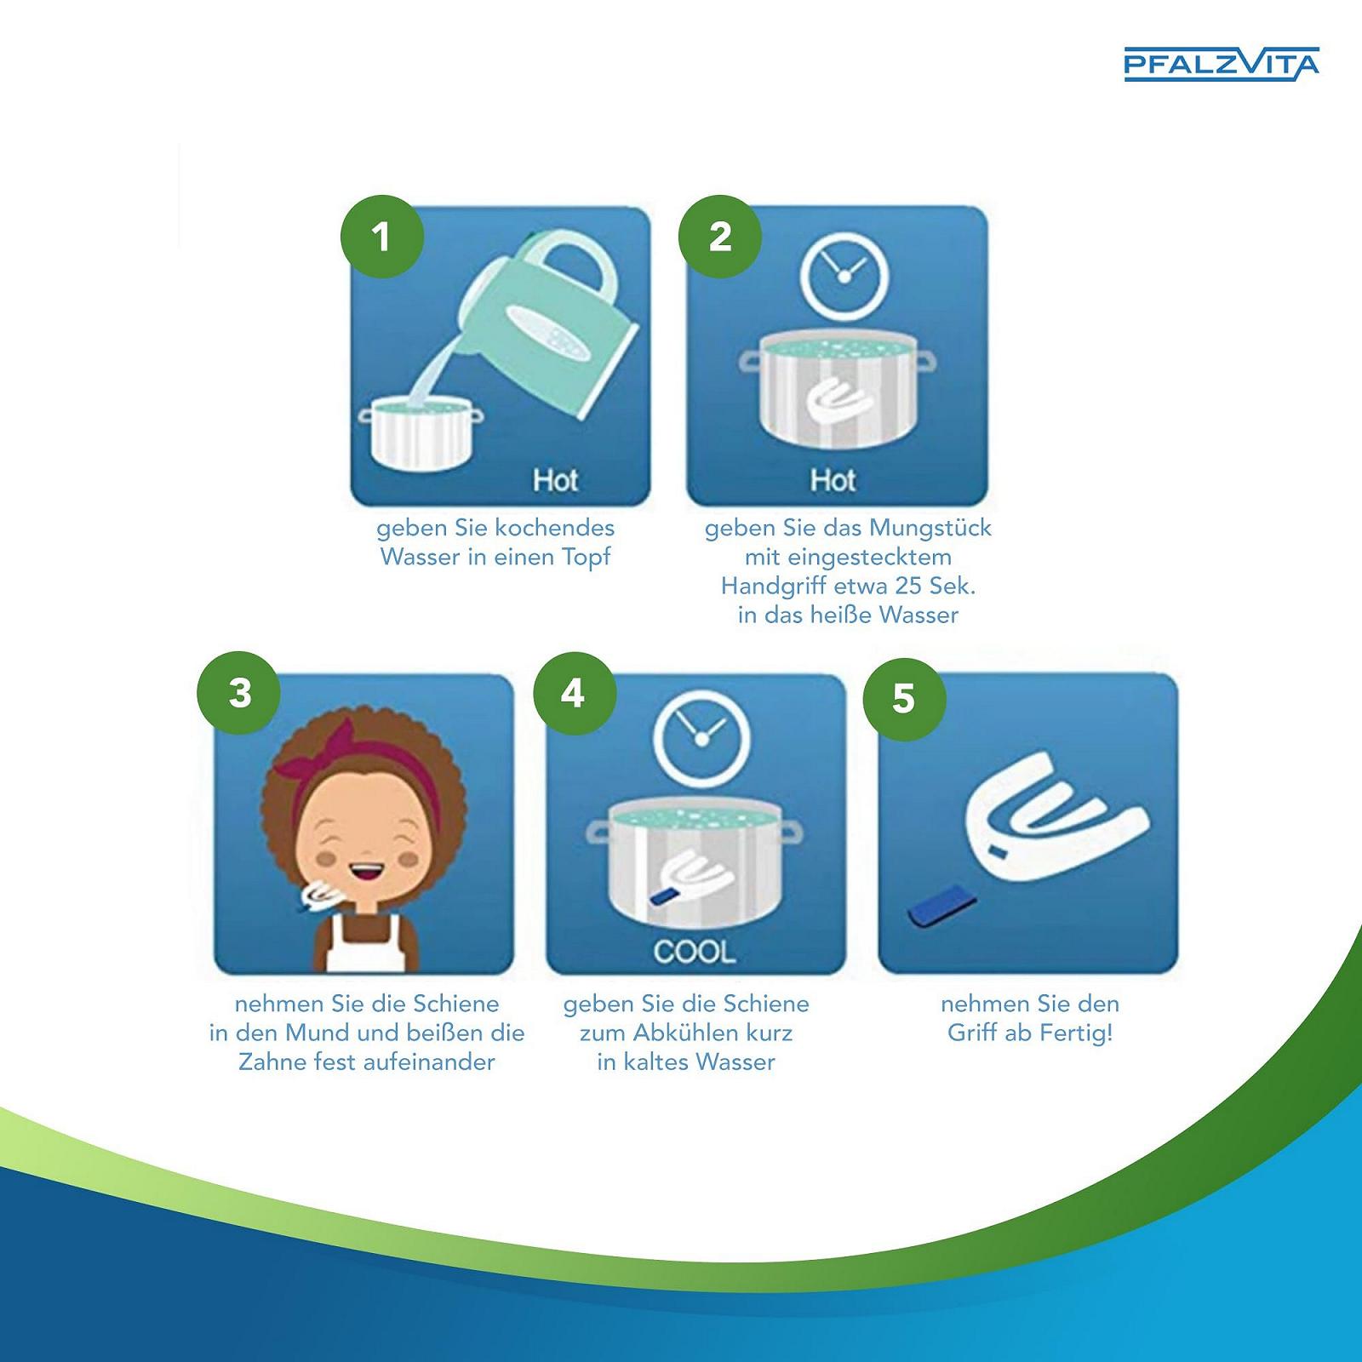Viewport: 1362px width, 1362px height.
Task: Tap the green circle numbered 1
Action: tap(382, 236)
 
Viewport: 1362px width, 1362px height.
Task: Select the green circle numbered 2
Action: tap(720, 236)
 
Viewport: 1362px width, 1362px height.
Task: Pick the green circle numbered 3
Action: tap(240, 693)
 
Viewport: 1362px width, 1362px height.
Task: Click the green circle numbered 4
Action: tap(574, 693)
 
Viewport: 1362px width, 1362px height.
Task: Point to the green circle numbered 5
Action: tap(904, 698)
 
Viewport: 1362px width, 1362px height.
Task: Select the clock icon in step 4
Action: tap(702, 738)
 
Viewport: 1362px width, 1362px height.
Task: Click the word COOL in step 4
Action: tap(695, 952)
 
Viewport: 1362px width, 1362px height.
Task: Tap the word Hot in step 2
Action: tap(833, 480)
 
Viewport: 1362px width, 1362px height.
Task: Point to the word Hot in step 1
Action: tap(555, 480)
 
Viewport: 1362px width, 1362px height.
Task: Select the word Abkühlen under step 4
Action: tap(689, 1033)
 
